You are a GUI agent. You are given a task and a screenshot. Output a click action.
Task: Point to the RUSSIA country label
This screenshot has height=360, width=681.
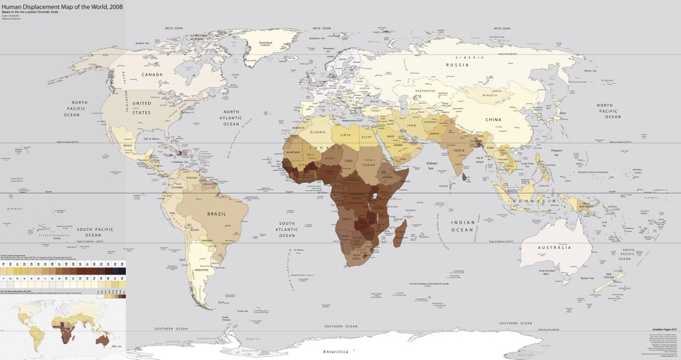point(457,65)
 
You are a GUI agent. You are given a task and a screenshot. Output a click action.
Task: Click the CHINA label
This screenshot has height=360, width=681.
point(495,120)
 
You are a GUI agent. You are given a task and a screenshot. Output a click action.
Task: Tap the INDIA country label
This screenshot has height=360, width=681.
point(459,150)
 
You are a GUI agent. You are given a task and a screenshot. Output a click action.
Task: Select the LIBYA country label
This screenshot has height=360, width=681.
point(346,135)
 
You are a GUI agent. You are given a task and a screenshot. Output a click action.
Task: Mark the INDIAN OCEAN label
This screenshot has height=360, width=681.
point(462,226)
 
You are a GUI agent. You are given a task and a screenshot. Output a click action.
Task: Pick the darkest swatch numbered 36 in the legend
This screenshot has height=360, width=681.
point(122,265)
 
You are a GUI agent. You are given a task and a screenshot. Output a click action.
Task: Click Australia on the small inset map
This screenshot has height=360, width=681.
point(103,340)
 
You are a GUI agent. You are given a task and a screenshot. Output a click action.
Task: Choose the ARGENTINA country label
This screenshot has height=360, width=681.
point(202,270)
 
